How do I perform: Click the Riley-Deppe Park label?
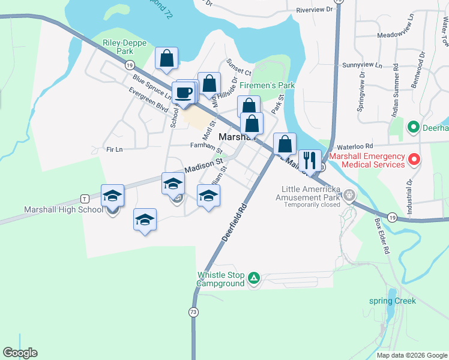coord(118,47)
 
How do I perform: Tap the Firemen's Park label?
coord(268,86)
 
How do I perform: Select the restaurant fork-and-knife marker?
coord(310,161)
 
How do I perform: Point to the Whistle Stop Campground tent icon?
coord(254,278)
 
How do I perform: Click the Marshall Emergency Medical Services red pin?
coord(414,160)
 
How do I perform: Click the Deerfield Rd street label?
coord(235,221)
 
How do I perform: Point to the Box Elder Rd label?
coord(382,235)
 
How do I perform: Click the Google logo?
coord(20,353)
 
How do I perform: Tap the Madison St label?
coord(204,165)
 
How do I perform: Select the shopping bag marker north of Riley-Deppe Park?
coord(167,59)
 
